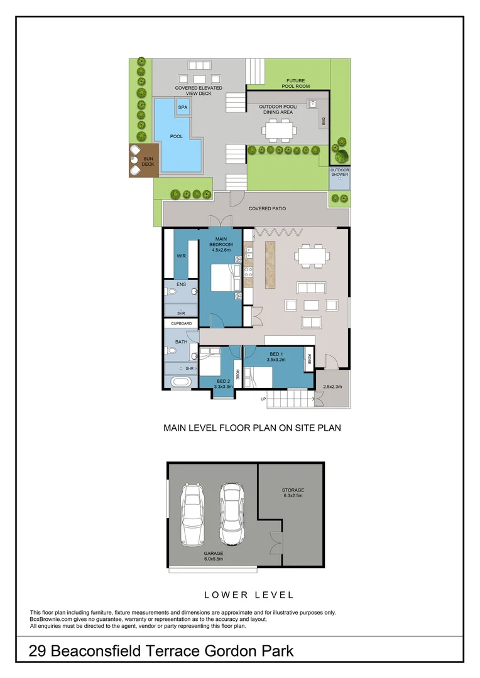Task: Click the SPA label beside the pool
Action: (x=183, y=107)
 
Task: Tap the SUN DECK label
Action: (x=148, y=161)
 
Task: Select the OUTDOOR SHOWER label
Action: (x=340, y=172)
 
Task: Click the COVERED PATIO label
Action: (x=267, y=208)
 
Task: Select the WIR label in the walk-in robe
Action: (x=181, y=256)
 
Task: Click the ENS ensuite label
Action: (x=181, y=284)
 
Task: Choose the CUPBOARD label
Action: (x=181, y=324)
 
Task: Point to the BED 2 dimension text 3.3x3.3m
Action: (x=223, y=387)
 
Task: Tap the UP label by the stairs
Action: (x=263, y=399)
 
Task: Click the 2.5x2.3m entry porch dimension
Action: (x=332, y=387)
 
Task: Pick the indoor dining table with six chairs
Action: (x=312, y=257)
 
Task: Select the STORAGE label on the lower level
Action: (x=292, y=490)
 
